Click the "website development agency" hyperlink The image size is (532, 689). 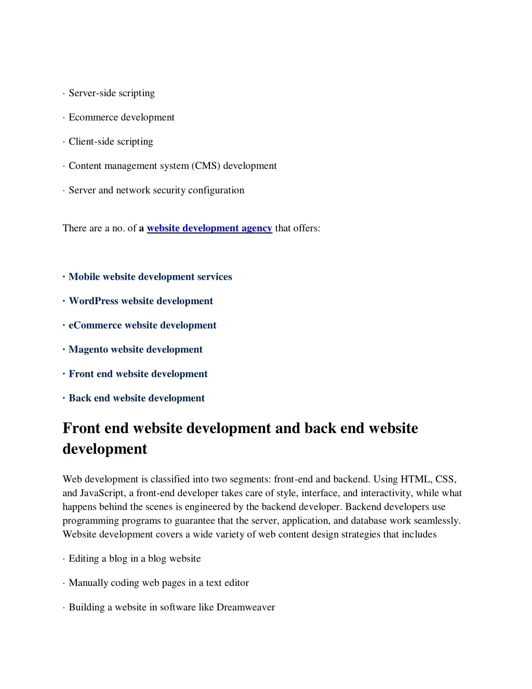coord(209,228)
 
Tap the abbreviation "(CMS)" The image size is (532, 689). coord(206,166)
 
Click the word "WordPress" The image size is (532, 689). coord(94,301)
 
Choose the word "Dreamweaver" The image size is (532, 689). coord(246,607)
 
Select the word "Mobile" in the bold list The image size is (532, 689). coord(84,277)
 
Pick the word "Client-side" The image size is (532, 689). coord(89,141)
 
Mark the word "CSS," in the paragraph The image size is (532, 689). coord(446,479)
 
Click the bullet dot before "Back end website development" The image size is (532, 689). coord(64,398)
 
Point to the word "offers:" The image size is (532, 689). coord(307,228)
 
